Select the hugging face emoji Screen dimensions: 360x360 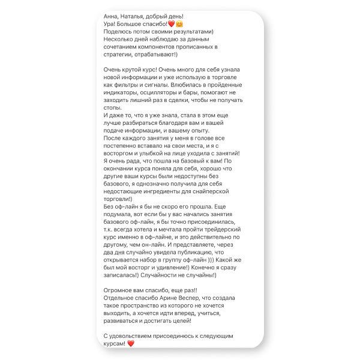click(x=179, y=23)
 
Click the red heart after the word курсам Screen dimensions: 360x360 click(x=131, y=344)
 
